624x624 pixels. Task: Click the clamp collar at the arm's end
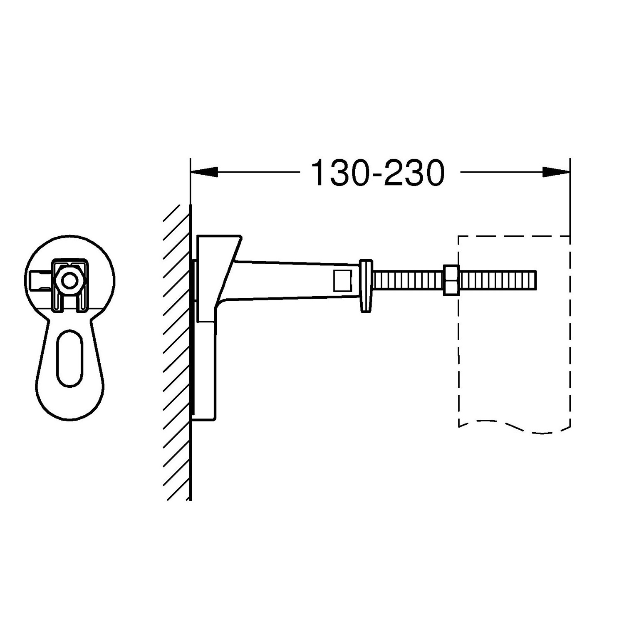coord(366,285)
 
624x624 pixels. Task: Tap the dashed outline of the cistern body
coord(458,333)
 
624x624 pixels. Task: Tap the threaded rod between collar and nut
coord(408,280)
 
